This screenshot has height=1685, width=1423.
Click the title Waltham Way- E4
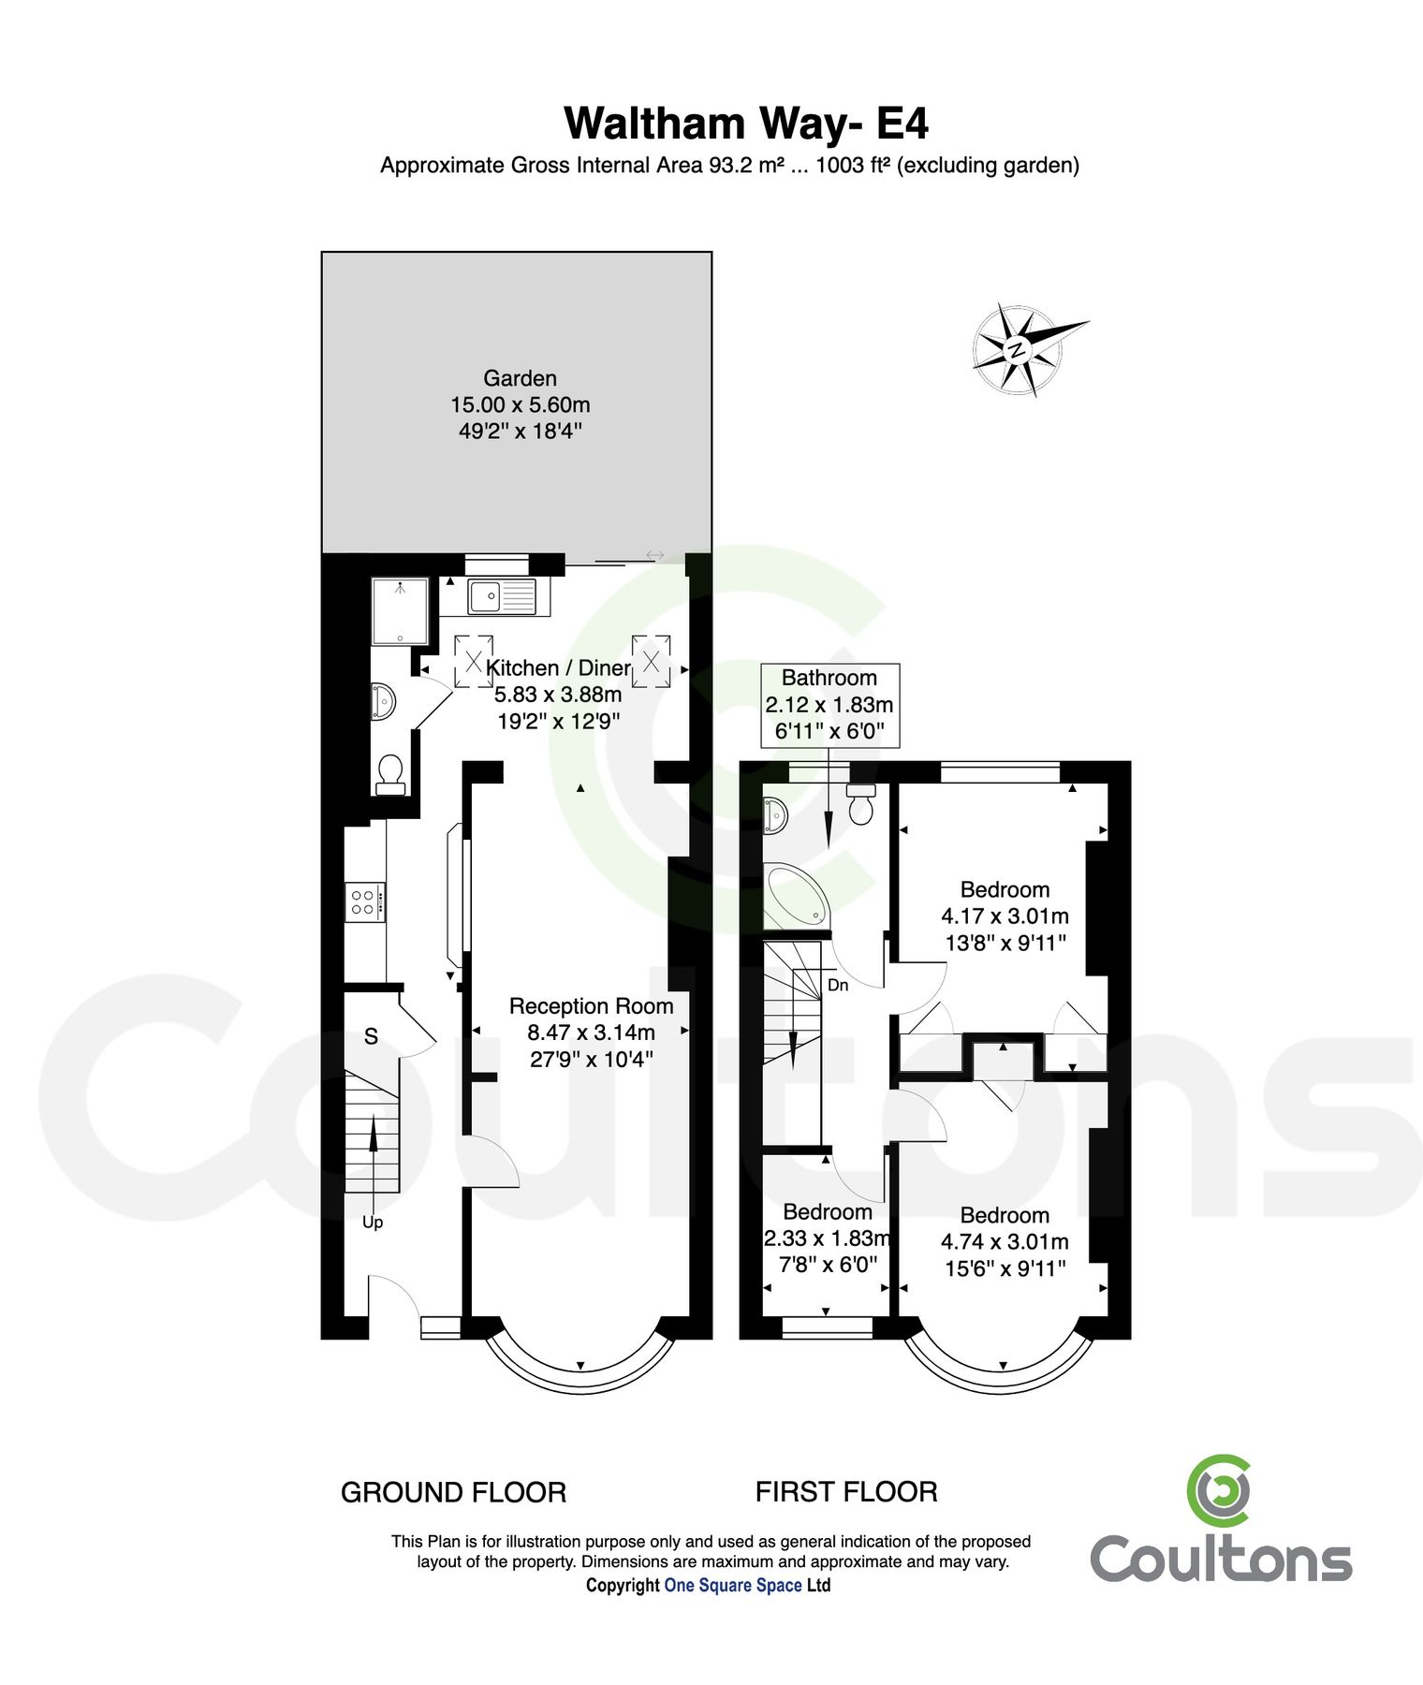[x=746, y=124]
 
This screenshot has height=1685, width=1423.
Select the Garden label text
[x=520, y=378]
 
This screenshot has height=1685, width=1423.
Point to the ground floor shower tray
[x=401, y=611]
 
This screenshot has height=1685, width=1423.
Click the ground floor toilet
[x=390, y=774]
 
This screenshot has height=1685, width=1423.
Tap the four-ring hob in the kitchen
[x=363, y=902]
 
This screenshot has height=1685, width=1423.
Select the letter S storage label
[x=371, y=1036]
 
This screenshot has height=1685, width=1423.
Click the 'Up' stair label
[x=373, y=1223]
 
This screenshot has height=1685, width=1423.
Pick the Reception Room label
[x=591, y=1006]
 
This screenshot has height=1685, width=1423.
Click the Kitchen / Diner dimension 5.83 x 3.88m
[x=558, y=695]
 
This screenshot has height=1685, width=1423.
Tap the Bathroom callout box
[x=829, y=704]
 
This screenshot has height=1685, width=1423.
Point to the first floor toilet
[x=860, y=805]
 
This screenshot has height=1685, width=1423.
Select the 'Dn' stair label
[x=838, y=985]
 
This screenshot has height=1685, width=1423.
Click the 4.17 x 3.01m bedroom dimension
[x=1005, y=916]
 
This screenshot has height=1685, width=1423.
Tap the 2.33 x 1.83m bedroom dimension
[x=827, y=1238]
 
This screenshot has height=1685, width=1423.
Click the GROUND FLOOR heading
[x=453, y=1492]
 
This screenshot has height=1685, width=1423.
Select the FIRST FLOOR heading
[x=846, y=1492]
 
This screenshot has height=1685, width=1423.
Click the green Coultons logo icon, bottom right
[x=1219, y=1489]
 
